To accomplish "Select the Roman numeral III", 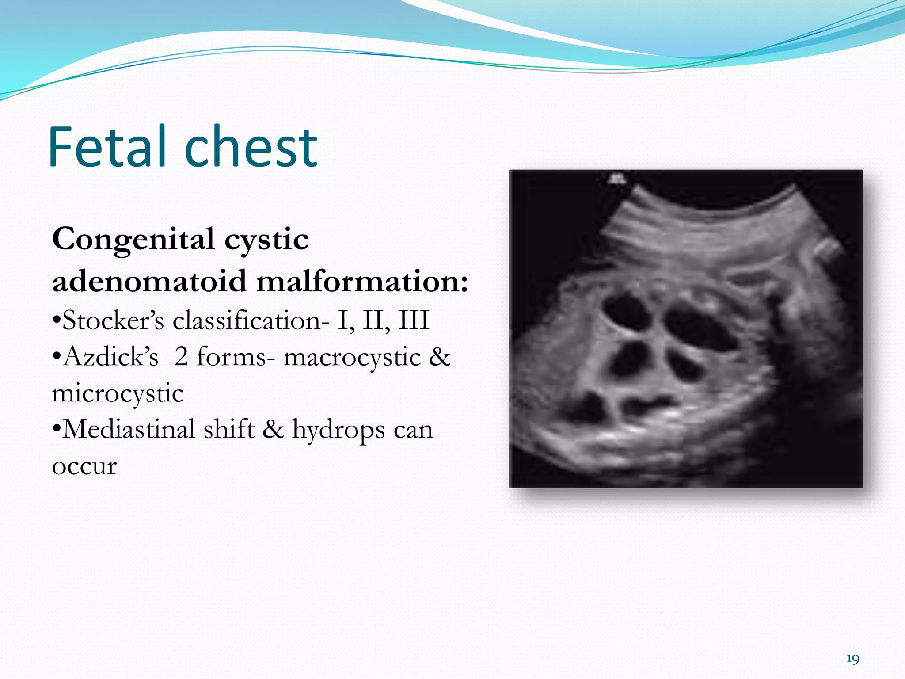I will pos(414,320).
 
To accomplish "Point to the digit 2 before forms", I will pos(181,357).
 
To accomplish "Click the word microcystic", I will pos(118,393).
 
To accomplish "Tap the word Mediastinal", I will pos(129,429).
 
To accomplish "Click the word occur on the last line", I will pos(84,466).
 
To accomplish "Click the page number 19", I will pos(853,659).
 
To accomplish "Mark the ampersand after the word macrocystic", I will pos(439,357).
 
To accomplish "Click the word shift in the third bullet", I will pos(229,429).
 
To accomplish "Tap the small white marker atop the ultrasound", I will pos(617,179).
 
